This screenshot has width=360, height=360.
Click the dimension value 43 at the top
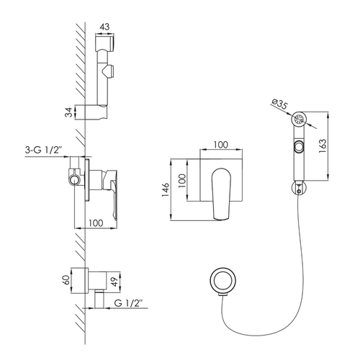(x=104, y=27)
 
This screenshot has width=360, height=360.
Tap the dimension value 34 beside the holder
(x=69, y=112)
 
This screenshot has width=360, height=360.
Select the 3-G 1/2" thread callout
(x=44, y=150)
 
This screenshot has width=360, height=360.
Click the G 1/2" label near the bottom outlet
(x=128, y=303)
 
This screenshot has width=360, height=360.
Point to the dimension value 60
(x=67, y=280)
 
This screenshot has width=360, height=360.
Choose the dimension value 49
(x=115, y=282)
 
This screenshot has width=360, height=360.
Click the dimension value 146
(x=166, y=190)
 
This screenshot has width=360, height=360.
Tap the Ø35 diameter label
(x=279, y=104)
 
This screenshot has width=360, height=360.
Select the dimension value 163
(x=323, y=145)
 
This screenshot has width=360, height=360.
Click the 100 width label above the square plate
(x=221, y=145)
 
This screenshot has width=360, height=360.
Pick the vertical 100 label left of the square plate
(x=182, y=181)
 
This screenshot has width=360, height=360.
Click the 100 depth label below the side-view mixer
(x=96, y=223)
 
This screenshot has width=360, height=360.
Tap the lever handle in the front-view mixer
(x=221, y=194)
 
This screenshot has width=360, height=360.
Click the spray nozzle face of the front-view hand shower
(x=299, y=119)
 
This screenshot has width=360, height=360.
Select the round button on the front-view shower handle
(x=299, y=146)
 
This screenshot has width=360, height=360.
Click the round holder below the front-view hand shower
(x=299, y=188)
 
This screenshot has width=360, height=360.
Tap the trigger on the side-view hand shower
(x=108, y=71)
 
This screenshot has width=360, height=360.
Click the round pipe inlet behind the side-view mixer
(x=74, y=180)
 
